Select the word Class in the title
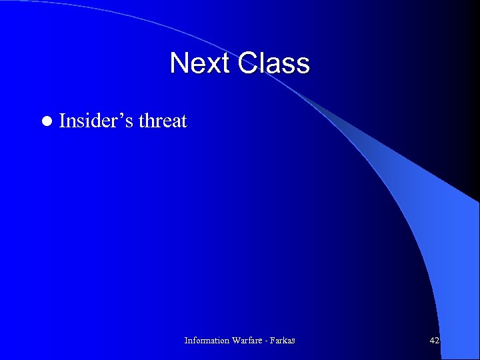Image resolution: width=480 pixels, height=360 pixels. click(273, 63)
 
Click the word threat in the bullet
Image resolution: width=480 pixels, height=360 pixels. click(163, 121)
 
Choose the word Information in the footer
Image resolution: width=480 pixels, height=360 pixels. click(207, 341)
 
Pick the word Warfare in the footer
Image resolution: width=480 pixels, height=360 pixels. click(248, 341)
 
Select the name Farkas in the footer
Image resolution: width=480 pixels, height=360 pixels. click(283, 341)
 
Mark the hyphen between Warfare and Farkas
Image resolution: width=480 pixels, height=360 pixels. click(267, 341)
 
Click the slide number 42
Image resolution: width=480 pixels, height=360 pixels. click(435, 341)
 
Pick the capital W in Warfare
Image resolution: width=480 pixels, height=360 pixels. click(236, 341)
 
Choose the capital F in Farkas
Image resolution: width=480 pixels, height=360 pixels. click(273, 341)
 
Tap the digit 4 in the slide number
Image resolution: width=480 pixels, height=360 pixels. click(432, 341)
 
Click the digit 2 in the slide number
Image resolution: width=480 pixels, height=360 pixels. click(437, 341)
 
